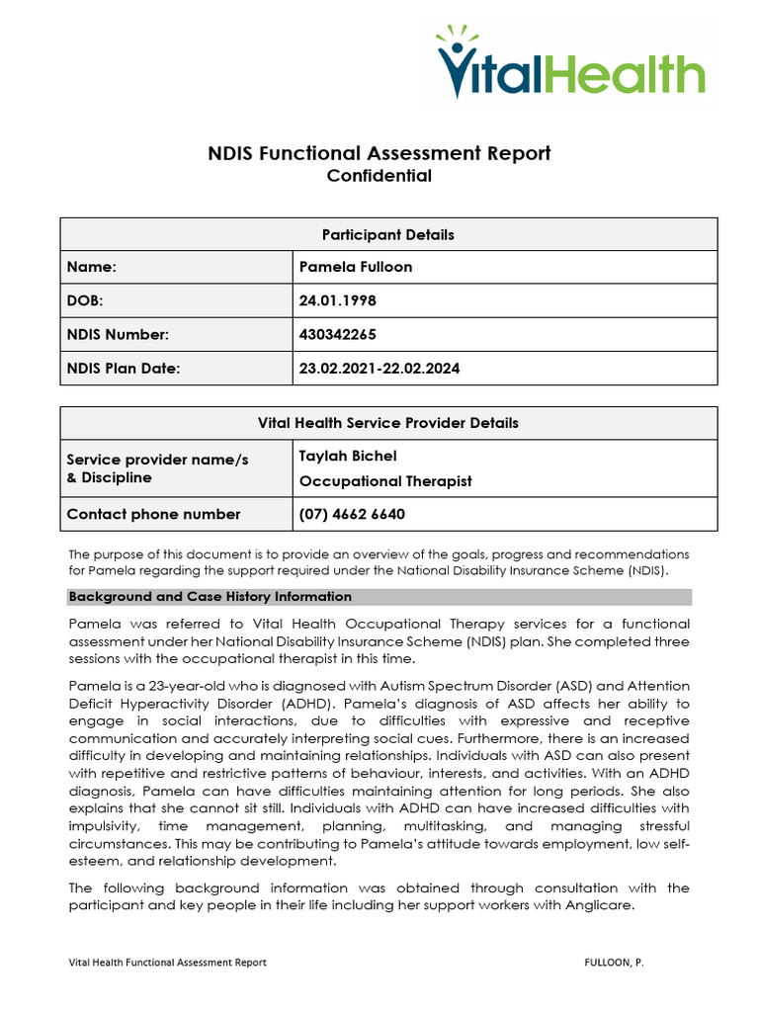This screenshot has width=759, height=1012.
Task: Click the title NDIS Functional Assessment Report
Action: [379, 153]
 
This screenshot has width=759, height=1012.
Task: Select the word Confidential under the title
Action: [379, 177]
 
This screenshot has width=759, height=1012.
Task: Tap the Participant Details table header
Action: [388, 235]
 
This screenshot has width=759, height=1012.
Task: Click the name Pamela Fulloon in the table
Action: [356, 267]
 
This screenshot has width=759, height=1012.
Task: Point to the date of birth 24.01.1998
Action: [338, 300]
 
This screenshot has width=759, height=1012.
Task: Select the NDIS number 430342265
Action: [338, 335]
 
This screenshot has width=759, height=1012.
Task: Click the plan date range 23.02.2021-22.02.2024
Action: [379, 369]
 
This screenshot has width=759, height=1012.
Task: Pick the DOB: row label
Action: [85, 300]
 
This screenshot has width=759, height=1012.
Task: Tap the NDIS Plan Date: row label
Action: [125, 369]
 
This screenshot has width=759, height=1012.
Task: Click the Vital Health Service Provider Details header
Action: [388, 423]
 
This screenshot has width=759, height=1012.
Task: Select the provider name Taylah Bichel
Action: [348, 456]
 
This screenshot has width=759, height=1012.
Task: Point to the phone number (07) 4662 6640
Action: [352, 514]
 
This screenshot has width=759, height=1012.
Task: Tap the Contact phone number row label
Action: [153, 514]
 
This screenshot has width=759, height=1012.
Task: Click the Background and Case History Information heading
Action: [211, 597]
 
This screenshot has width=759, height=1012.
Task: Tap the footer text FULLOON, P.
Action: [614, 962]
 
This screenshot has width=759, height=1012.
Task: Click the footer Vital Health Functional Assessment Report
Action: [167, 962]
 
